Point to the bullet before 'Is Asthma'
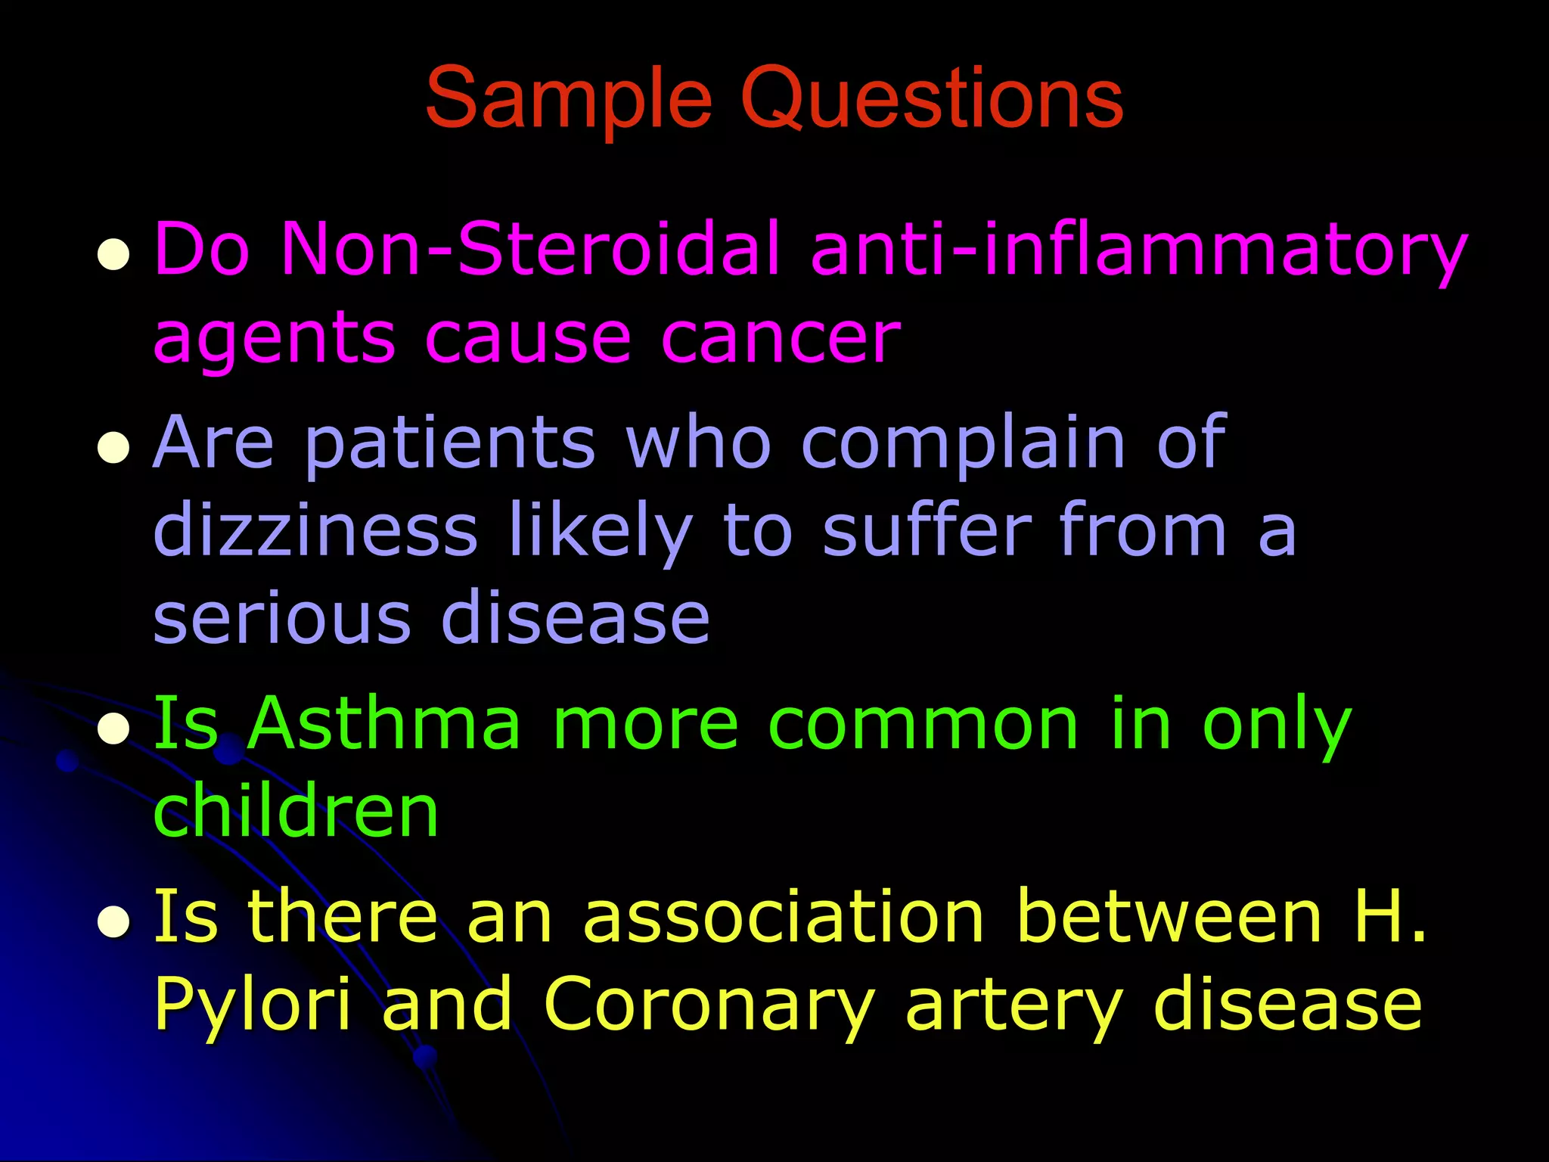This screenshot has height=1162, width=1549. click(113, 729)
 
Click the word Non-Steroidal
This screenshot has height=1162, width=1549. click(530, 248)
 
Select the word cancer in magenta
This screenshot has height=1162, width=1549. click(781, 337)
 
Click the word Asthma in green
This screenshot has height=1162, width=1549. click(384, 725)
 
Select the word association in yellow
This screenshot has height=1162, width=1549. click(784, 917)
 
